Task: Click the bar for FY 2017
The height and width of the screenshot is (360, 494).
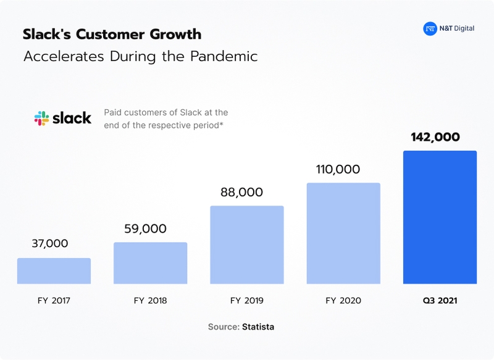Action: pyautogui.click(x=54, y=271)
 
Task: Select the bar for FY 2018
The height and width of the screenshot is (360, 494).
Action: pyautogui.click(x=150, y=263)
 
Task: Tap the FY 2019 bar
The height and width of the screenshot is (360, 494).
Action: pyautogui.click(x=246, y=245)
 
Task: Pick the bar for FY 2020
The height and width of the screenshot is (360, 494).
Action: pyautogui.click(x=343, y=233)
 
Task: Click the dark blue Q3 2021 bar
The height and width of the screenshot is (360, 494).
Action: pyautogui.click(x=440, y=217)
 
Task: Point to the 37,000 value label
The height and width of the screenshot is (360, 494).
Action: pyautogui.click(x=49, y=244)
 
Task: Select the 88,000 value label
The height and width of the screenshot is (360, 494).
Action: pyautogui.click(x=242, y=192)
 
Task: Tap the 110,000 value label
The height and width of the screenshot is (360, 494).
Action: pyautogui.click(x=338, y=169)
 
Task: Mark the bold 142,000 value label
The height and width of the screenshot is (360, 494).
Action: pyautogui.click(x=435, y=137)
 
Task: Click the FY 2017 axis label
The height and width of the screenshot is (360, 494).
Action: pyautogui.click(x=54, y=301)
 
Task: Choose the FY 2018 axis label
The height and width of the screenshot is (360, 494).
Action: pyautogui.click(x=150, y=301)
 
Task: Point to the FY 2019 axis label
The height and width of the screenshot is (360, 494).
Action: pyautogui.click(x=246, y=301)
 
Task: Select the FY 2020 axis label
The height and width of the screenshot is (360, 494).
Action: pyautogui.click(x=343, y=301)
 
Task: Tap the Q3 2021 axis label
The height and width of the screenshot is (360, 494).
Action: pyautogui.click(x=440, y=301)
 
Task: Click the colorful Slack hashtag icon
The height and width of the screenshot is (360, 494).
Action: pyautogui.click(x=41, y=118)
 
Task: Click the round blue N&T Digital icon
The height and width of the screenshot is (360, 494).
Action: pyautogui.click(x=430, y=28)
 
